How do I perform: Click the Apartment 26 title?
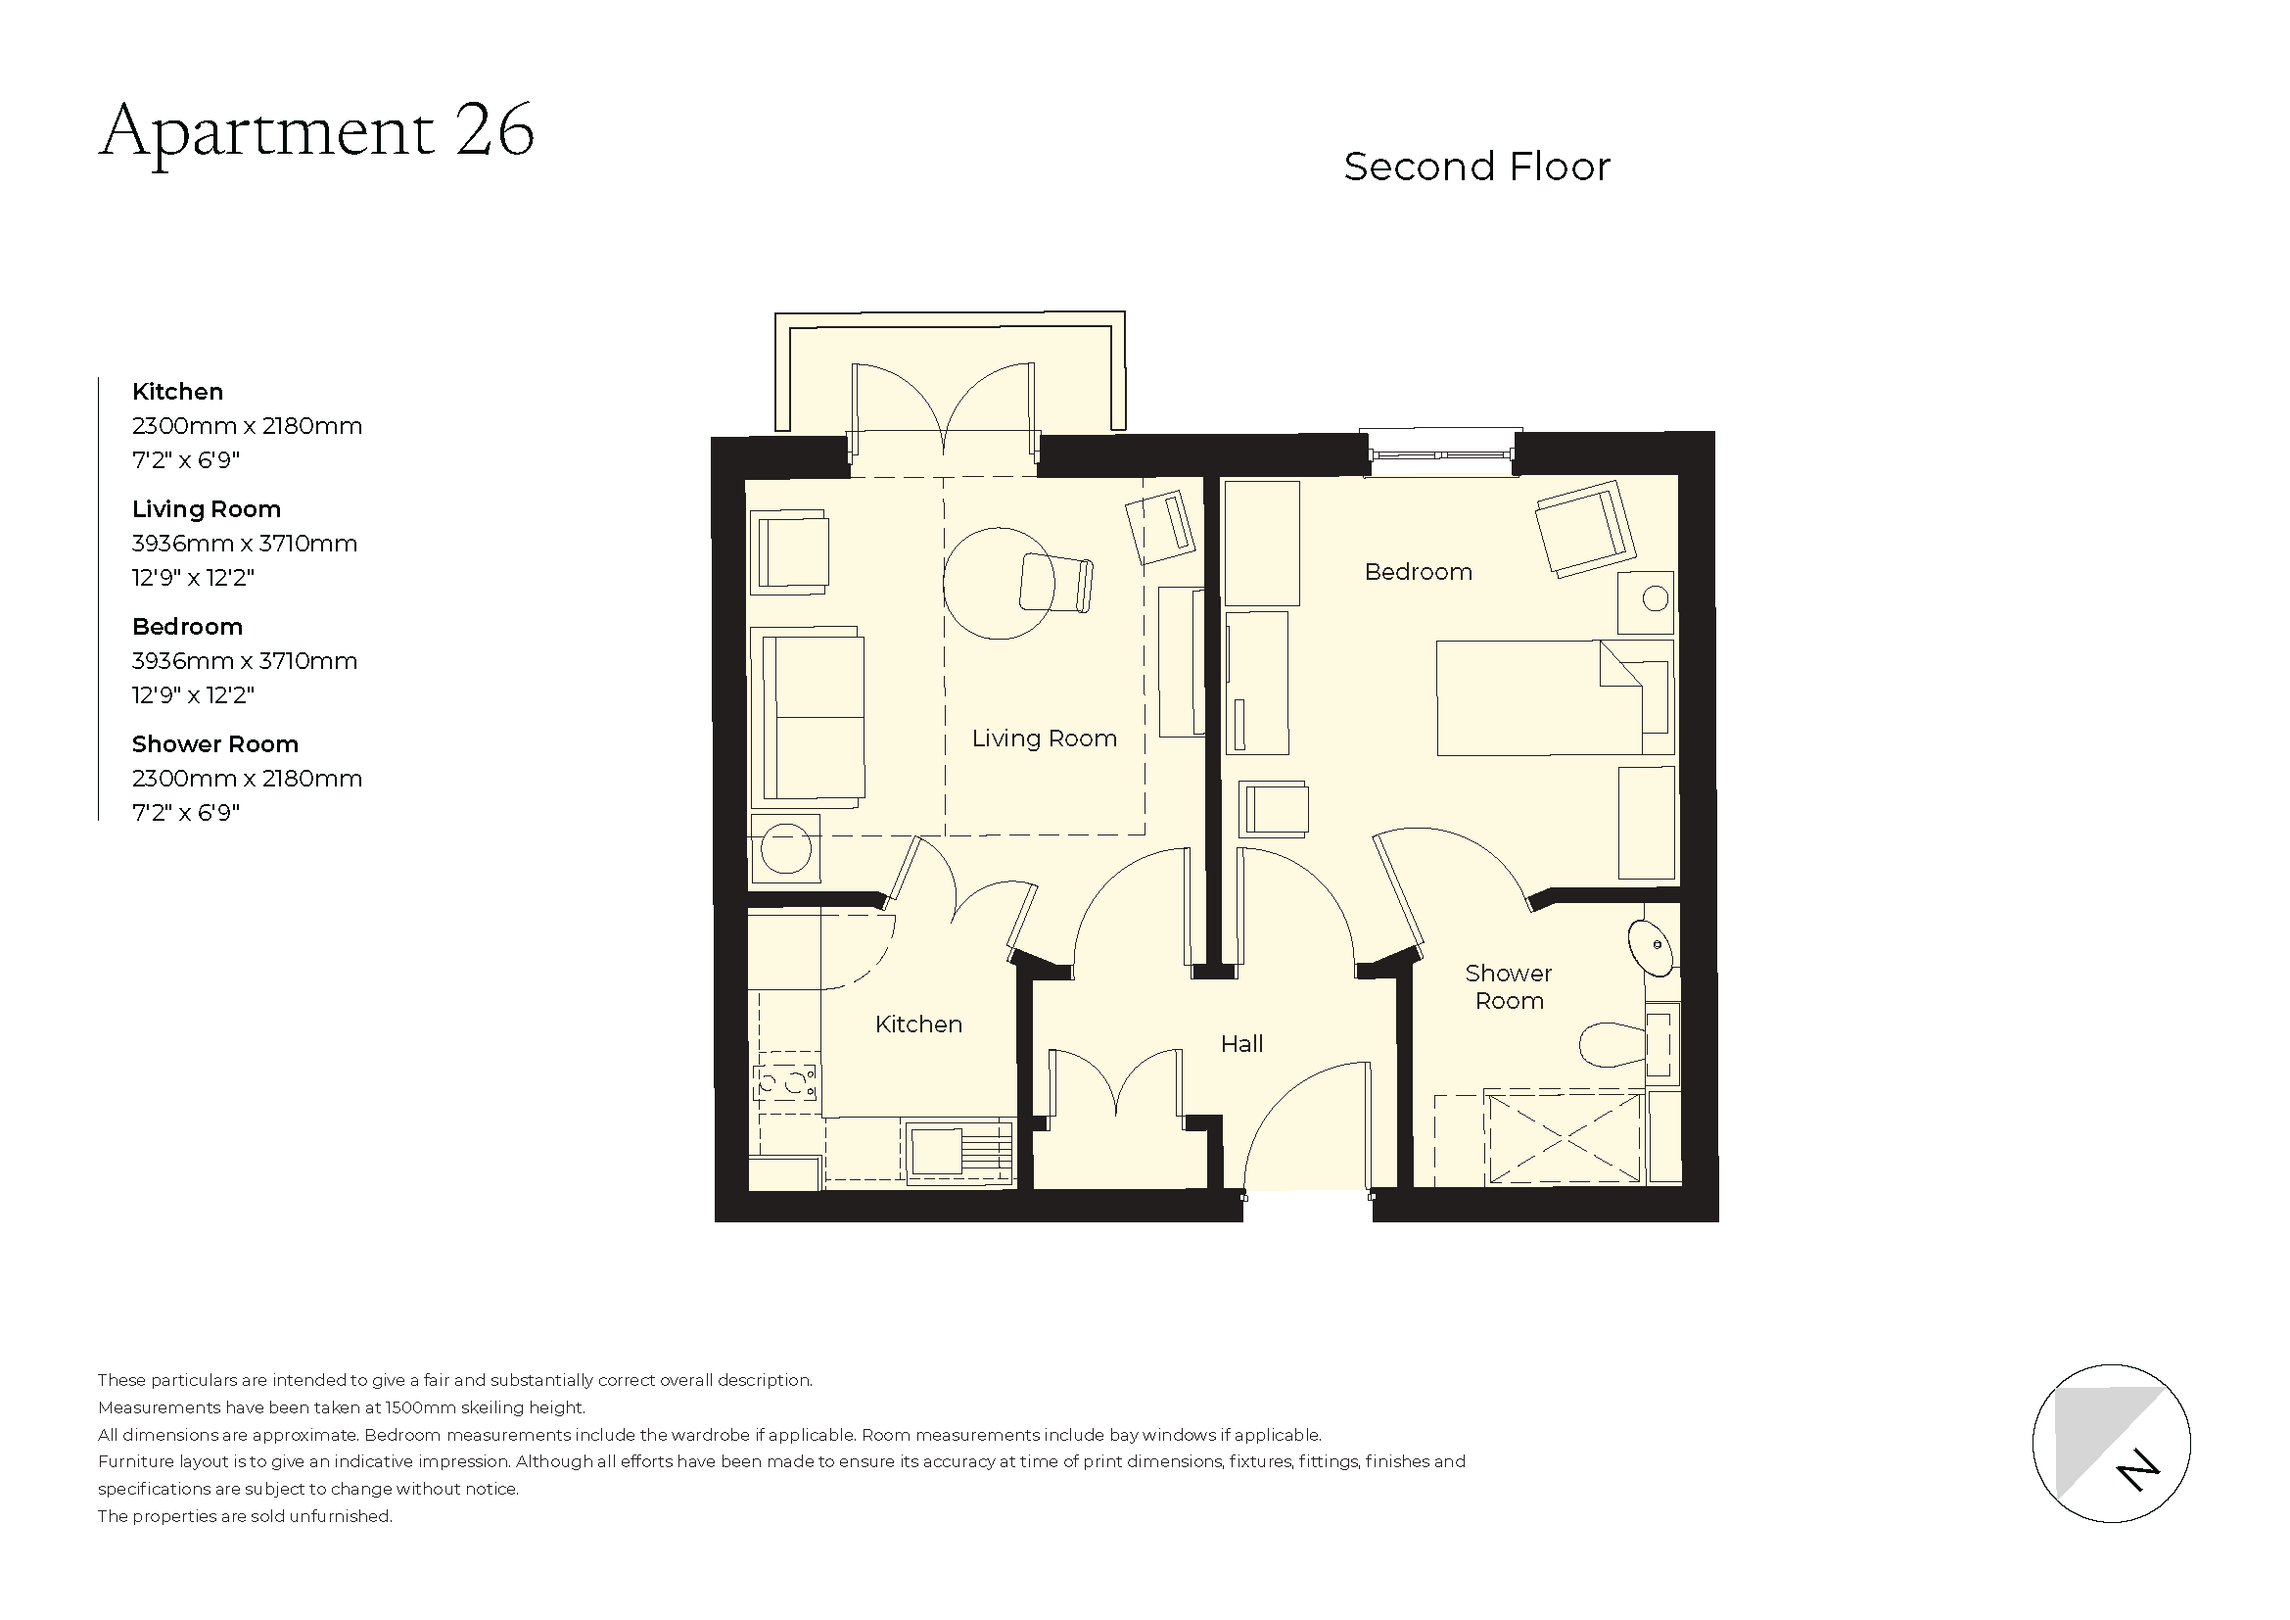tap(316, 131)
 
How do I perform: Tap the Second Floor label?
tap(1476, 167)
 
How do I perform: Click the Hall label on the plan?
tap(1241, 1043)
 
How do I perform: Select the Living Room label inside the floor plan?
tap(1045, 739)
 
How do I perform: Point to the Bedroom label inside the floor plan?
tap(1418, 572)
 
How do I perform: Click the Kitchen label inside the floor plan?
tap(917, 1024)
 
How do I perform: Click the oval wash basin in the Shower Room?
tap(1651, 947)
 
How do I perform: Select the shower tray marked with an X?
tap(1563, 1138)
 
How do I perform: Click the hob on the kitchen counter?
tap(787, 1081)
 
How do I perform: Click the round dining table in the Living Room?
tap(998, 584)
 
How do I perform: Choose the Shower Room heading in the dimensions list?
tap(214, 744)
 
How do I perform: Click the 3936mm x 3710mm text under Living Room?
tap(245, 544)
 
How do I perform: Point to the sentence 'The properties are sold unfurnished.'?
tap(246, 1516)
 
